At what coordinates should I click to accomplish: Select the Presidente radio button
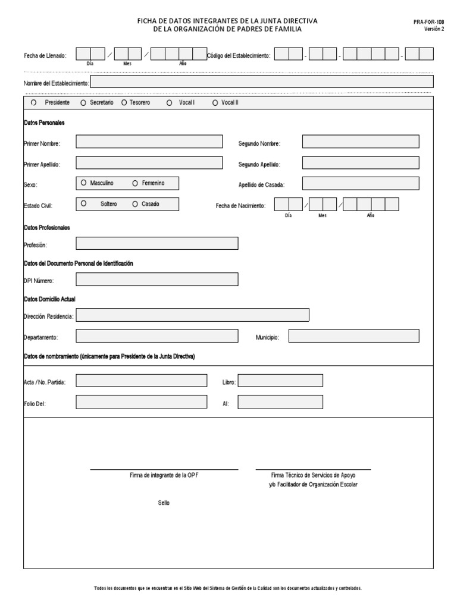click(34, 102)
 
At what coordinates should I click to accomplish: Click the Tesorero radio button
click(124, 102)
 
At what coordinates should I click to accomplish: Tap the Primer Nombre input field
click(149, 142)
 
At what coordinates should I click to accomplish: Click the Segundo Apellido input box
click(361, 163)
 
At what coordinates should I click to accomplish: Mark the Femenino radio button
click(136, 183)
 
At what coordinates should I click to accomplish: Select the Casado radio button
click(136, 204)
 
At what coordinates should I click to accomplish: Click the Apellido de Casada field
click(361, 183)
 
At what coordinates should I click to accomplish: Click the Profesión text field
click(157, 243)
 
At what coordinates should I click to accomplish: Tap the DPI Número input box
click(157, 280)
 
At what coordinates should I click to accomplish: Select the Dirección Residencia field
click(193, 315)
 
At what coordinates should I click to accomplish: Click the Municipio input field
click(353, 336)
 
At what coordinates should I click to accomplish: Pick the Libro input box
click(280, 381)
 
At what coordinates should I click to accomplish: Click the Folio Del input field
click(140, 403)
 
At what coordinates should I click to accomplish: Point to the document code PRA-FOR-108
click(428, 22)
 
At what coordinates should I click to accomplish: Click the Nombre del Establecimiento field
click(262, 81)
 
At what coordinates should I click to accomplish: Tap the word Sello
click(164, 503)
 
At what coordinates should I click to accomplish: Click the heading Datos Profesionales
click(47, 228)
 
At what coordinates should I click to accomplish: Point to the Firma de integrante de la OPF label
click(164, 475)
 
